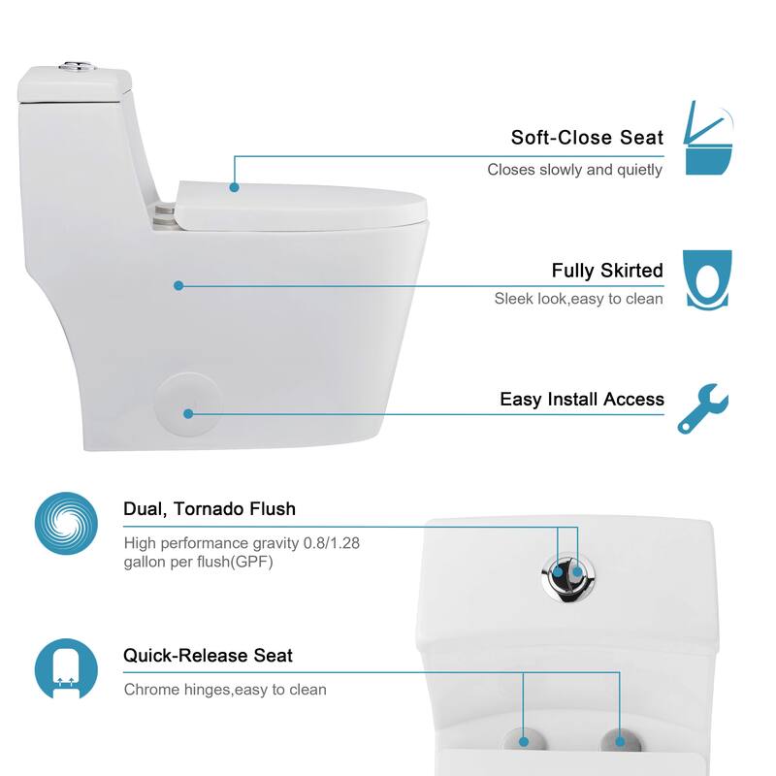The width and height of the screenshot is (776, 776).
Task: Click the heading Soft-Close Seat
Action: click(x=587, y=138)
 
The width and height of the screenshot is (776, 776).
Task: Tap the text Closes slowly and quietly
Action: click(x=574, y=170)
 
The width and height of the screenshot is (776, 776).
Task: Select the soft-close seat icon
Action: click(x=707, y=138)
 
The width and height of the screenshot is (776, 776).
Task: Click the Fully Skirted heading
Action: click(x=607, y=271)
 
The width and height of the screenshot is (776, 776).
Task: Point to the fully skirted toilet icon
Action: click(x=707, y=279)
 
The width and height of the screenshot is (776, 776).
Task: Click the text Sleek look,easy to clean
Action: click(x=578, y=299)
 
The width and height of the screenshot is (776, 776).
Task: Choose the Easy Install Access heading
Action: click(x=582, y=399)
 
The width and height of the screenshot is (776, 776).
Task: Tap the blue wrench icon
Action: click(x=703, y=407)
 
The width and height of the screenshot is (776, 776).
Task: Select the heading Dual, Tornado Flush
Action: click(x=210, y=508)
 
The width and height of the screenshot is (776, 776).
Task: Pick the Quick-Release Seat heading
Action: click(x=208, y=656)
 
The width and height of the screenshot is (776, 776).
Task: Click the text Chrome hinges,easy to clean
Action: click(x=225, y=690)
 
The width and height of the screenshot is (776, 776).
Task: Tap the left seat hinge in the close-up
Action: click(x=524, y=741)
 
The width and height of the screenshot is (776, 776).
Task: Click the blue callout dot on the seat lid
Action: click(x=234, y=186)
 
